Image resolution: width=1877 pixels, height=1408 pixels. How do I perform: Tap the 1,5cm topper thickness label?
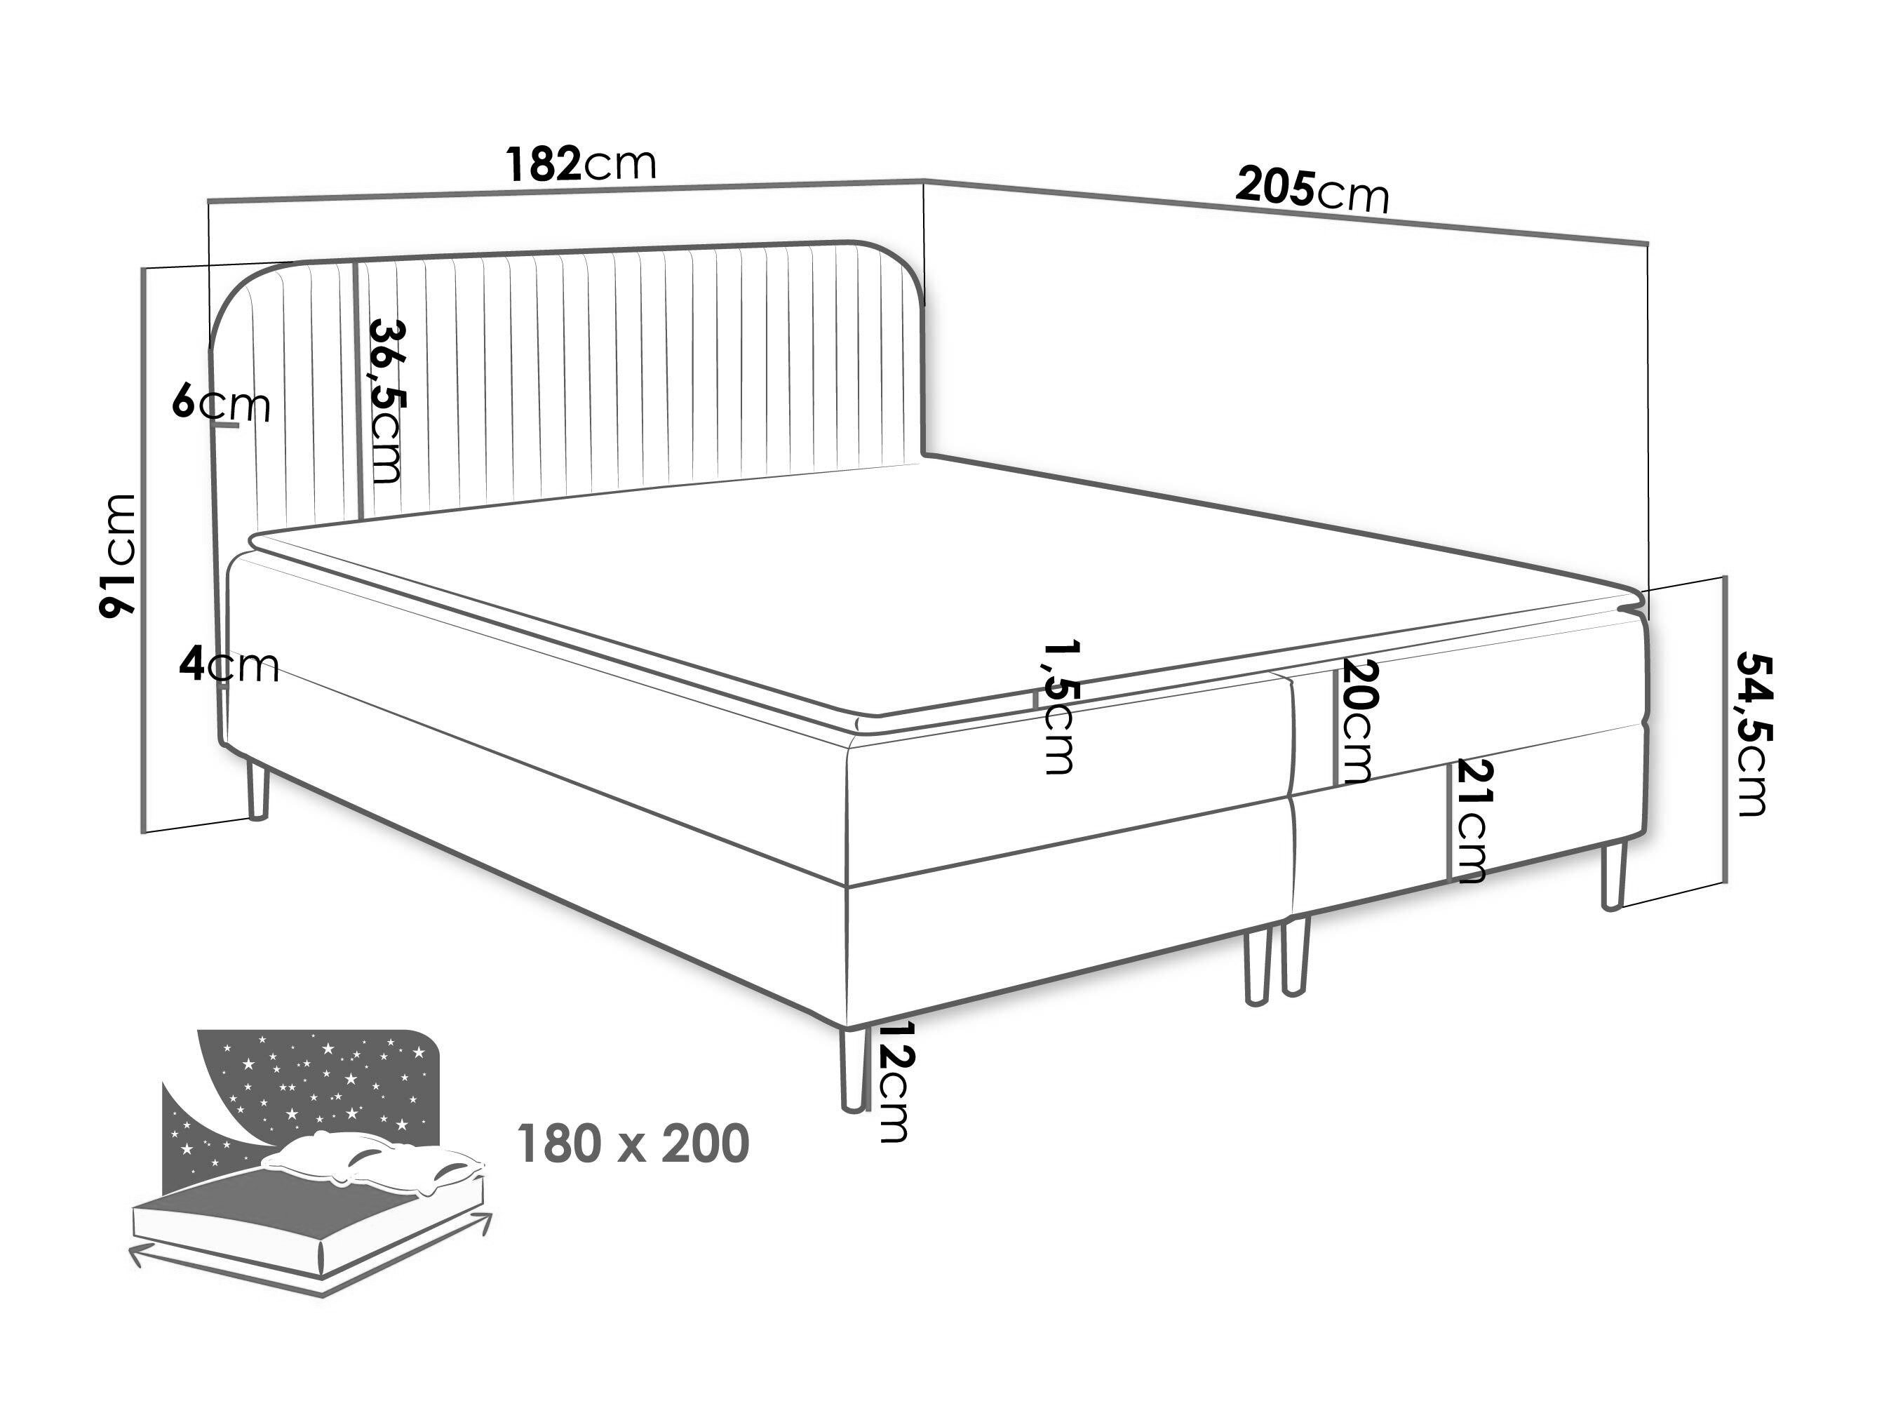(1058, 706)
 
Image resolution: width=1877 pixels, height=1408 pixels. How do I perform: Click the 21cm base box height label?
(1469, 821)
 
